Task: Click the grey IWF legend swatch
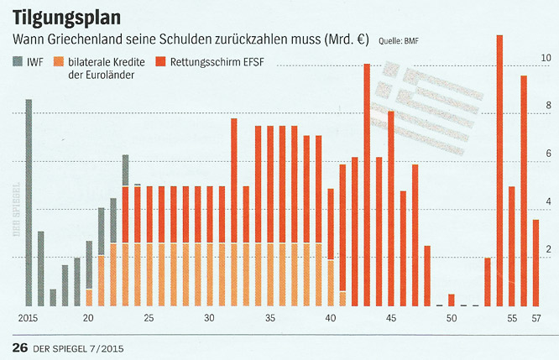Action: pos(18,61)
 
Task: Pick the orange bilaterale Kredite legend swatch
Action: pos(57,61)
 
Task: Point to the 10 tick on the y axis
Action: pos(546,58)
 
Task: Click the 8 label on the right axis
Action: pos(547,106)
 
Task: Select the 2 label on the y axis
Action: pos(547,250)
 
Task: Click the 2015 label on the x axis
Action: pos(29,319)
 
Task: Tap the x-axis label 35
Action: pos(270,319)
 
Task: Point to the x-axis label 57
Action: pos(536,319)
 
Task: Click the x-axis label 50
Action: pos(452,319)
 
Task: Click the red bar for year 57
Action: pos(535,263)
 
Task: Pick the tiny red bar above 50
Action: pos(452,300)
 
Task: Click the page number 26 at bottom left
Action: pos(18,347)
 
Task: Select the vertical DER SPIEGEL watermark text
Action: pos(14,210)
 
